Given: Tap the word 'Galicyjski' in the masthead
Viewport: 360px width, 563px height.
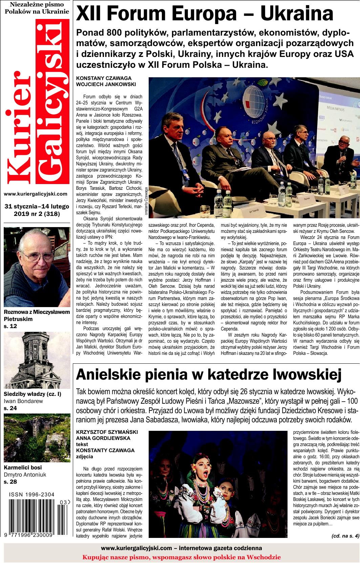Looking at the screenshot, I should tap(51, 102).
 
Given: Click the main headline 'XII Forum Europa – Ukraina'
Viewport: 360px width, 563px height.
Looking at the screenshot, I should tap(205, 14).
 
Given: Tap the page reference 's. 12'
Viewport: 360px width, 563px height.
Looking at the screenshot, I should tap(10, 326).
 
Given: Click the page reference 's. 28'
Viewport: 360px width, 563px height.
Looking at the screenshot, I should tap(10, 481).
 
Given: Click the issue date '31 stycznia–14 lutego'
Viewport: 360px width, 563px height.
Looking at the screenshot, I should tap(37, 206).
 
